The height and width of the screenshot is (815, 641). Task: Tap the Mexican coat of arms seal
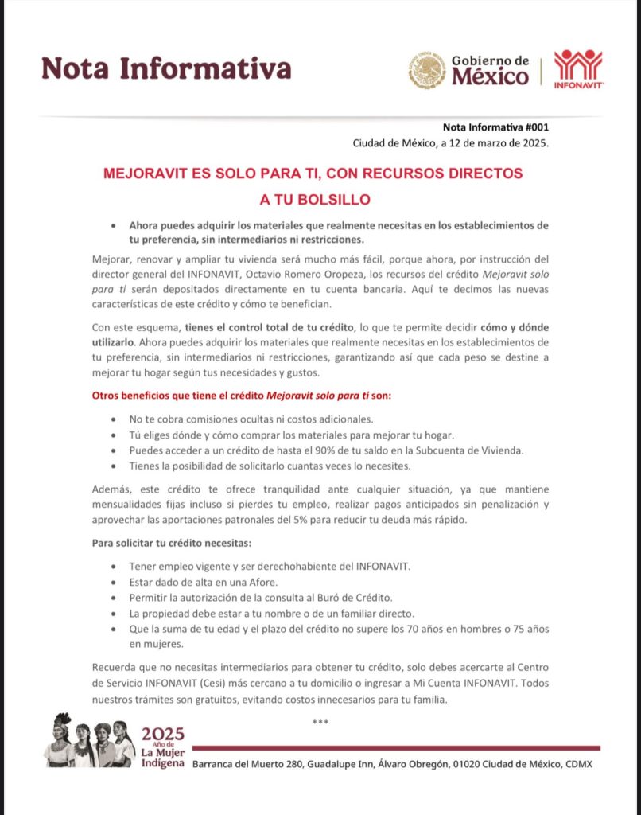427,70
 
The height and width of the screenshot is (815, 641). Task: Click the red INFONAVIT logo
578,69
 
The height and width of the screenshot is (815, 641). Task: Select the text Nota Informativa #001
495,127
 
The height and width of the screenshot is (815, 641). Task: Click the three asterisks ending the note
320,722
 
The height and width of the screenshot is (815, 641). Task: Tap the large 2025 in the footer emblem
162,734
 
